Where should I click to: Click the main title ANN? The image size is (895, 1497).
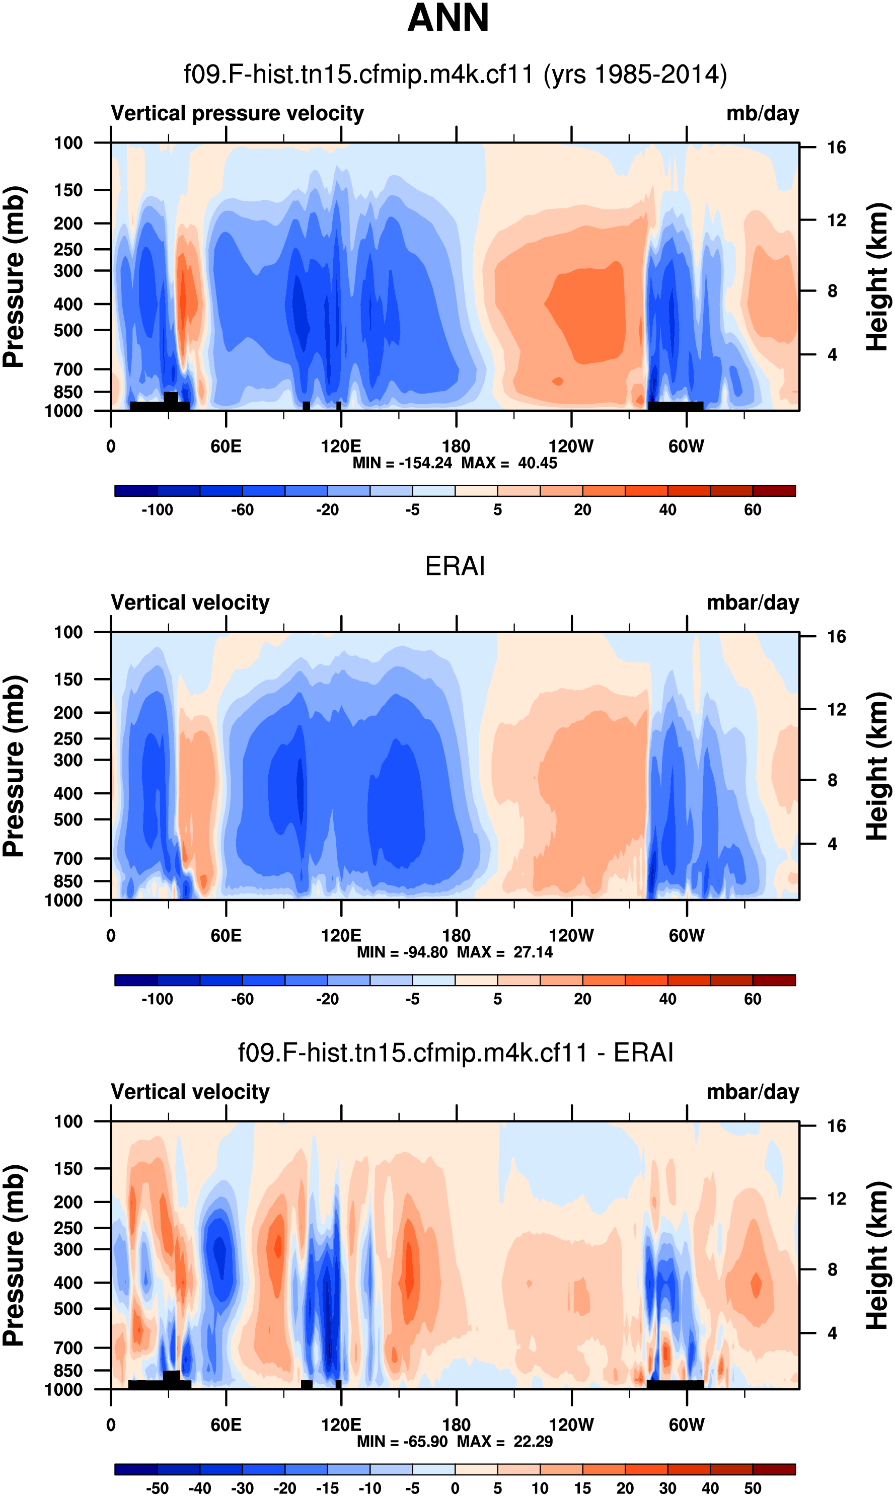click(x=447, y=18)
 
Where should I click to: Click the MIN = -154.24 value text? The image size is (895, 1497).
click(x=402, y=463)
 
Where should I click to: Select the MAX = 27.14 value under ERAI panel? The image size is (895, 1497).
click(x=505, y=952)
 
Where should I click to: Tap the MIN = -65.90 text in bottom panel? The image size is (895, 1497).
click(x=404, y=1441)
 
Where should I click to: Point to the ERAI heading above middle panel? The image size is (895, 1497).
click(x=455, y=566)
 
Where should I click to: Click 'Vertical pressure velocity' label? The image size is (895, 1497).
click(x=237, y=113)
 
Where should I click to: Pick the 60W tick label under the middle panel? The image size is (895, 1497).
click(x=686, y=935)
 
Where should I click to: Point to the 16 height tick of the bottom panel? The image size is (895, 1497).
click(x=837, y=1126)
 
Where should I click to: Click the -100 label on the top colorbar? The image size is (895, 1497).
click(x=158, y=510)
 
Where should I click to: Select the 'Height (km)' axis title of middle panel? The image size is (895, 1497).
click(x=877, y=766)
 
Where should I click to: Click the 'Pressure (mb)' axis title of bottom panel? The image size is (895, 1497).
click(x=13, y=1255)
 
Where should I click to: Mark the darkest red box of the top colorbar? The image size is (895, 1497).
click(x=774, y=491)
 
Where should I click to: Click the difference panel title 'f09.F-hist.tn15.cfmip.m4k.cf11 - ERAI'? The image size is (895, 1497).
click(x=456, y=1053)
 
